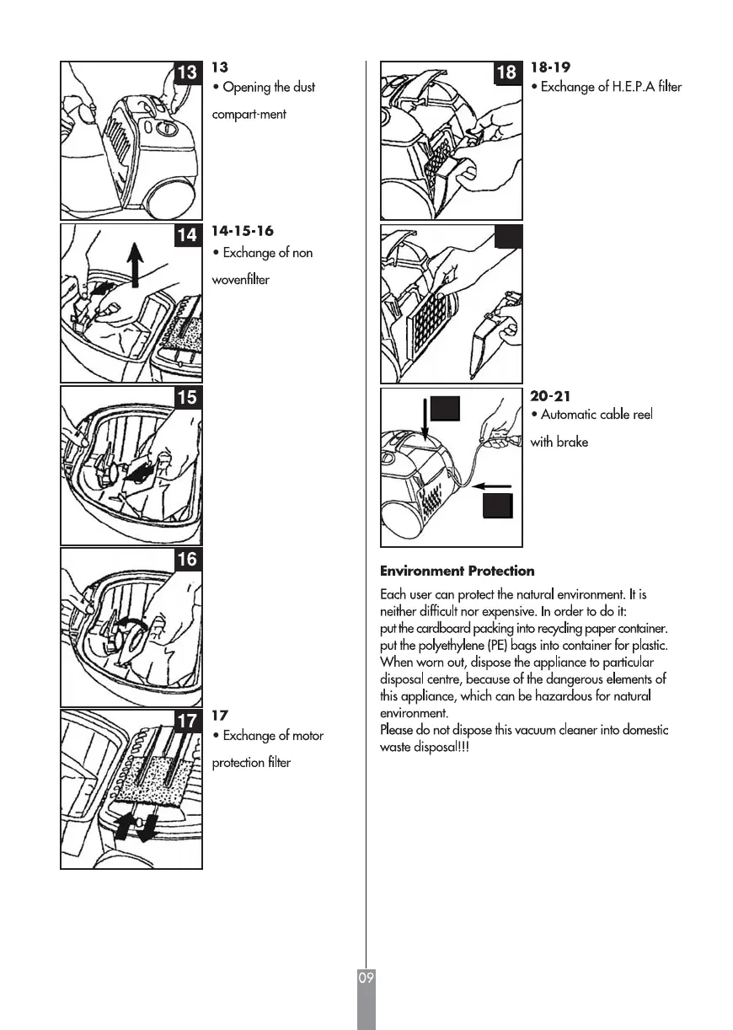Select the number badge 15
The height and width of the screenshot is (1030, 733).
[186, 398]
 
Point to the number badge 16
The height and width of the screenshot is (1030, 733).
[186, 560]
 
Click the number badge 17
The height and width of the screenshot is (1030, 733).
[186, 721]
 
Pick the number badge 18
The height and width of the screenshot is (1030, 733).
[506, 73]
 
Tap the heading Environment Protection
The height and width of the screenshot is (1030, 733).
[457, 571]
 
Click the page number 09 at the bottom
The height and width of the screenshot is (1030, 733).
[366, 979]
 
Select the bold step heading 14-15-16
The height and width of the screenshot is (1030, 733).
[242, 231]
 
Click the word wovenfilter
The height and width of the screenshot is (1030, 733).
[240, 280]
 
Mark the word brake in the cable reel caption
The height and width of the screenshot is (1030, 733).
[572, 442]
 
